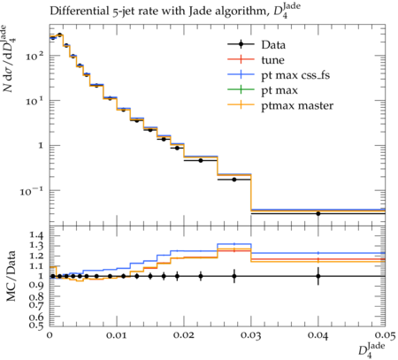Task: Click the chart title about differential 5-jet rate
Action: coord(175,11)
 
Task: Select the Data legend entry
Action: coord(256,44)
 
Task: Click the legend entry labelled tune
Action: coord(256,60)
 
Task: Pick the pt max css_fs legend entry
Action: coord(279,75)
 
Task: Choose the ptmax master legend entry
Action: coord(280,105)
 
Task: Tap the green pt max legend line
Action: coord(241,90)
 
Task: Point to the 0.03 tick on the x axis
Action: coord(251,335)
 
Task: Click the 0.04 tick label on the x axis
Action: coord(318,335)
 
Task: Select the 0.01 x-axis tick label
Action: coord(117,335)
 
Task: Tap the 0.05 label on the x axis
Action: coord(385,335)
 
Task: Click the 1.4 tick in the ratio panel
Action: coord(36,235)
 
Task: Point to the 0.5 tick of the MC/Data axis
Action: coord(36,325)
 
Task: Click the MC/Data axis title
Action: coord(11,276)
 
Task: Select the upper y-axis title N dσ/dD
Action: coord(9,58)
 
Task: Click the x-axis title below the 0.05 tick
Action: coord(371,350)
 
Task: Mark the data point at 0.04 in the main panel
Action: coord(318,213)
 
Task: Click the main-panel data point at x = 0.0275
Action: coord(234,180)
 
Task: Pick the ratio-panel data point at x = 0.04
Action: coord(318,276)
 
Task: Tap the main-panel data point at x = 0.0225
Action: coord(201,160)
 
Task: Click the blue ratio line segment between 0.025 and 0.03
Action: coord(234,244)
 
